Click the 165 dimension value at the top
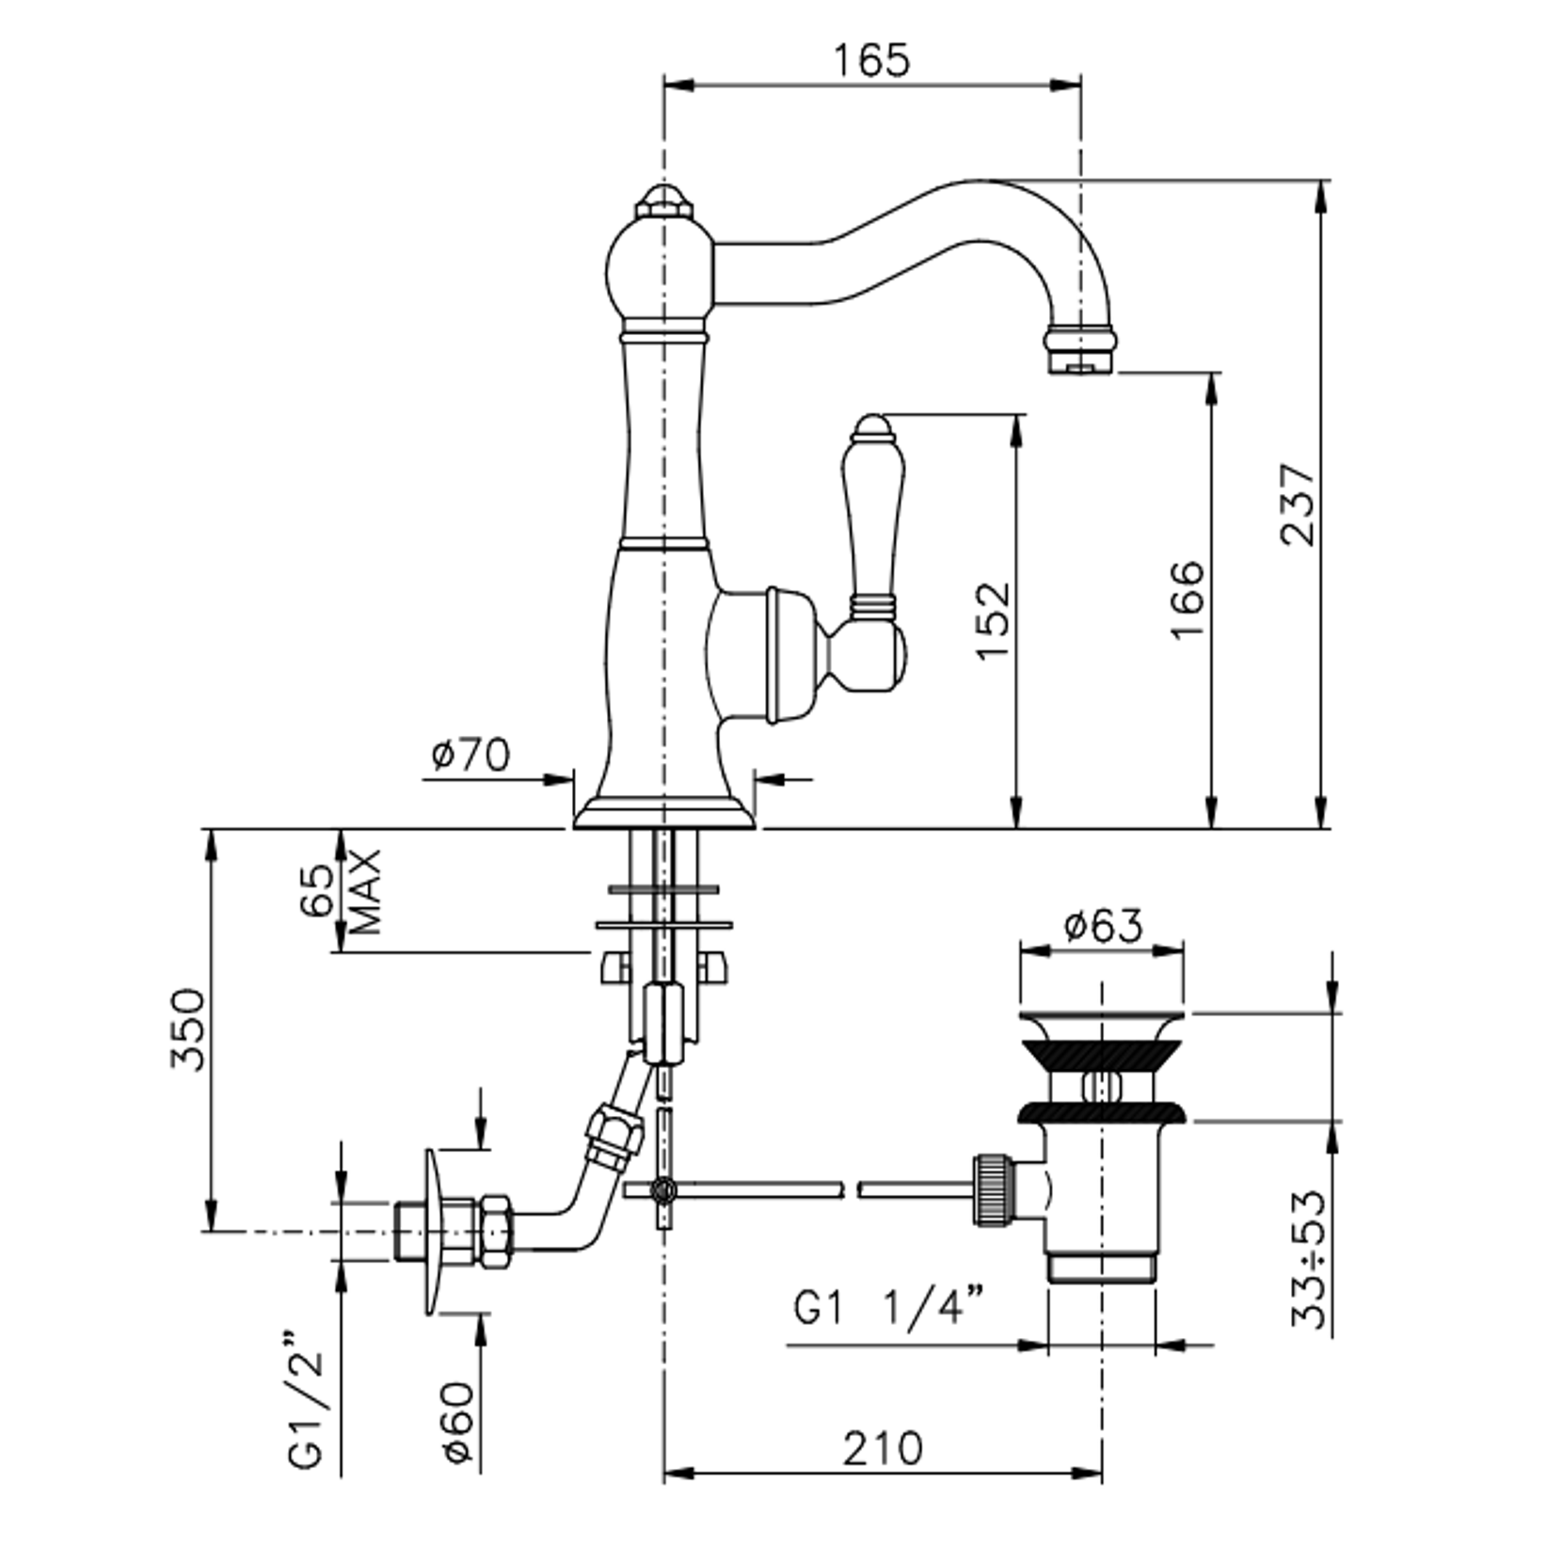click(871, 60)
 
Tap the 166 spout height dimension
click(1187, 599)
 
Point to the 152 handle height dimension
click(994, 621)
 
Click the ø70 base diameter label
click(470, 754)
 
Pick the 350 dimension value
click(187, 1028)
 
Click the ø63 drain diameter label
click(1103, 926)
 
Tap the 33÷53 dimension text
click(1309, 1259)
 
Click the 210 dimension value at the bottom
click(883, 1449)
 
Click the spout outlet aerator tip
click(1082, 350)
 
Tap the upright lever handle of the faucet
click(875, 508)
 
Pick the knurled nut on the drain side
click(994, 1189)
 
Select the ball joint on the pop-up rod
click(663, 1190)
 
